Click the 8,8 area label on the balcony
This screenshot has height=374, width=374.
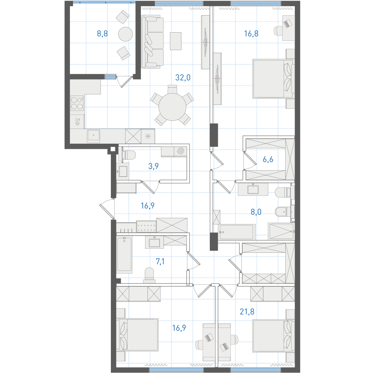coord(102,34)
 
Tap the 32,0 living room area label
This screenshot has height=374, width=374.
coord(183,78)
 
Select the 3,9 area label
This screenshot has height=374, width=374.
coord(153,166)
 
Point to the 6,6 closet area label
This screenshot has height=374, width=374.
coord(268,159)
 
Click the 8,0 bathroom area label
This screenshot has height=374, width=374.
coord(256,212)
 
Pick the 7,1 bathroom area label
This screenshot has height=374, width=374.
coord(160,262)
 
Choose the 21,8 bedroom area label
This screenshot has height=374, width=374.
coord(247,312)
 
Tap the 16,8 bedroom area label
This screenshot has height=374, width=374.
coord(251,34)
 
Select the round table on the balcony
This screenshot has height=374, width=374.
coord(125,34)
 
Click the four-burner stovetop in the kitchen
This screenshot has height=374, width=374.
coord(77,103)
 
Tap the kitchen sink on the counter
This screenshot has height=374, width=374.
coord(93,136)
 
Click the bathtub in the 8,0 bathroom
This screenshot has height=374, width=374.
coord(236,232)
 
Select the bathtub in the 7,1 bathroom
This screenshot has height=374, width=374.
coord(124,254)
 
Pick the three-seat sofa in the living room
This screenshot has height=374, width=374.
coord(153,42)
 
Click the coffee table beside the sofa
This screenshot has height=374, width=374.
coord(176,41)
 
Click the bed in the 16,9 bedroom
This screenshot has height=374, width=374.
coord(137,335)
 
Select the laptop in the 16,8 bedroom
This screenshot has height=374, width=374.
coord(288,23)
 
